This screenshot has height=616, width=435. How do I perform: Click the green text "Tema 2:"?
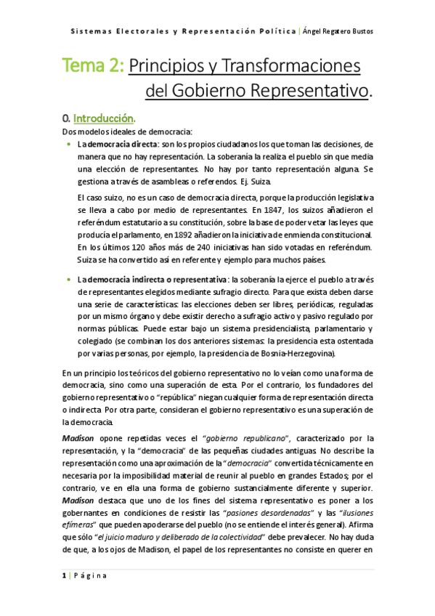click(x=94, y=66)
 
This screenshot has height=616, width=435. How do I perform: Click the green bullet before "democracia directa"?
click(x=68, y=144)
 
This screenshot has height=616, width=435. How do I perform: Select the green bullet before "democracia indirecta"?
click(x=68, y=279)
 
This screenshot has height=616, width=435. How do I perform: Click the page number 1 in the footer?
click(x=64, y=575)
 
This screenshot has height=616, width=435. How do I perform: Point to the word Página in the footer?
click(x=90, y=575)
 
